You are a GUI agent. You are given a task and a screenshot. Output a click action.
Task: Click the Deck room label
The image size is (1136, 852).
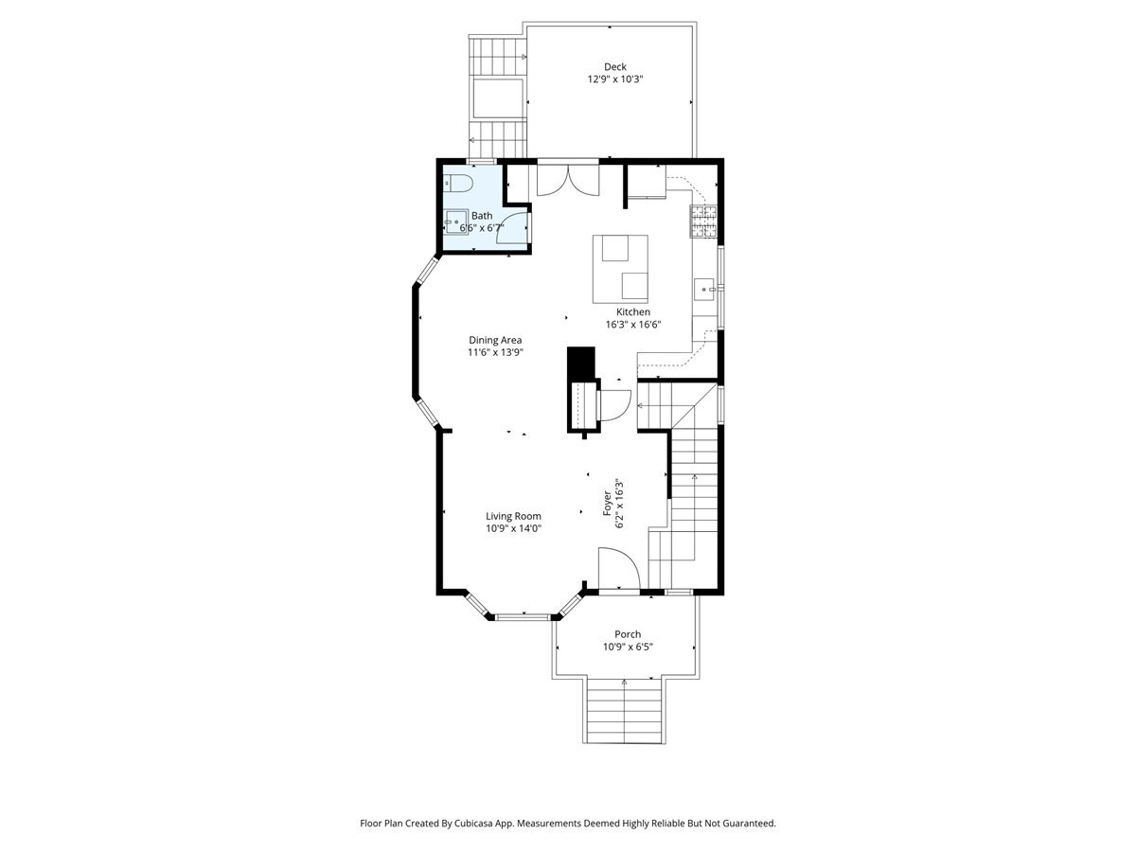click(x=614, y=66)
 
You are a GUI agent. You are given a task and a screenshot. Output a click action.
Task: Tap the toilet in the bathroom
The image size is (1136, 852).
click(x=458, y=183)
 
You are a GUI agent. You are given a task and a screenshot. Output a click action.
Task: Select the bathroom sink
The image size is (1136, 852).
click(x=456, y=222)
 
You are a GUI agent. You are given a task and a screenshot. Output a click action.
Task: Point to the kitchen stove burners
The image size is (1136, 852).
click(x=703, y=221)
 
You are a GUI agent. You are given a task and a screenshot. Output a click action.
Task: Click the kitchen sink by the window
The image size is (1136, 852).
click(x=704, y=289)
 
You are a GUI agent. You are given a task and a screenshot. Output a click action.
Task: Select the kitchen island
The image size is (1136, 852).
click(x=620, y=269)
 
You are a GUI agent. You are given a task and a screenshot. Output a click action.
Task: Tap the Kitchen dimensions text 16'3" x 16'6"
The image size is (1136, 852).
click(x=633, y=325)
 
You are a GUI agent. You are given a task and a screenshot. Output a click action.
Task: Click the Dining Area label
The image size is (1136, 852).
click(x=495, y=340)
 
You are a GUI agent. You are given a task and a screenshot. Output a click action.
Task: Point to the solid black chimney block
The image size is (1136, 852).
click(x=581, y=364)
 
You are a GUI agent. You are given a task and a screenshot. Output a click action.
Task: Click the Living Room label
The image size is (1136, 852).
click(x=513, y=516)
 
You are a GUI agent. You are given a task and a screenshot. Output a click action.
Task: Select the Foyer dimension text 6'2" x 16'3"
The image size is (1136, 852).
click(x=619, y=504)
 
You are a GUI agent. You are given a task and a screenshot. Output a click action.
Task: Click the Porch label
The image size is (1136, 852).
click(x=628, y=633)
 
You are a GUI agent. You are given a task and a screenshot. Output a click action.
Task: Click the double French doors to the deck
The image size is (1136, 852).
click(x=568, y=180)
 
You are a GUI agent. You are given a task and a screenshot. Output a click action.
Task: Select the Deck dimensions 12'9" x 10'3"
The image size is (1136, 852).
click(x=614, y=80)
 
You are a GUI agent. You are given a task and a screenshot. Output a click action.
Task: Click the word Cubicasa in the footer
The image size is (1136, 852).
click(x=474, y=823)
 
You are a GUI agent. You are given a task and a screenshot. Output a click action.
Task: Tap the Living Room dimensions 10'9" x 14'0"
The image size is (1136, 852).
click(x=513, y=528)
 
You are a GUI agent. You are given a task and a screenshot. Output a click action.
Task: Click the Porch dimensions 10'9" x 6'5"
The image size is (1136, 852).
click(x=628, y=647)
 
